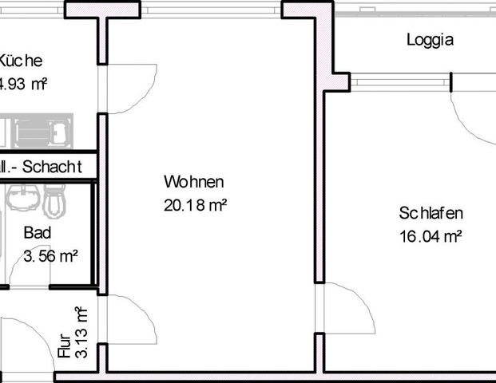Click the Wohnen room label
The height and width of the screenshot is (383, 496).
point(193,182)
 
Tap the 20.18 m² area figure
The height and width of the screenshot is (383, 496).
point(196,206)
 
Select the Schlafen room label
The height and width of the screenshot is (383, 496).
point(431,213)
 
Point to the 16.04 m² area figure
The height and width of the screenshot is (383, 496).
point(431,236)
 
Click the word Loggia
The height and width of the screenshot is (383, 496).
point(430,39)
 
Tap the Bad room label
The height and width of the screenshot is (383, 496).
point(38,234)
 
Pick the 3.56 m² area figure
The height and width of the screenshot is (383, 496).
point(50,256)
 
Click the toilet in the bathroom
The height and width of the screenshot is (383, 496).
point(54,200)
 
